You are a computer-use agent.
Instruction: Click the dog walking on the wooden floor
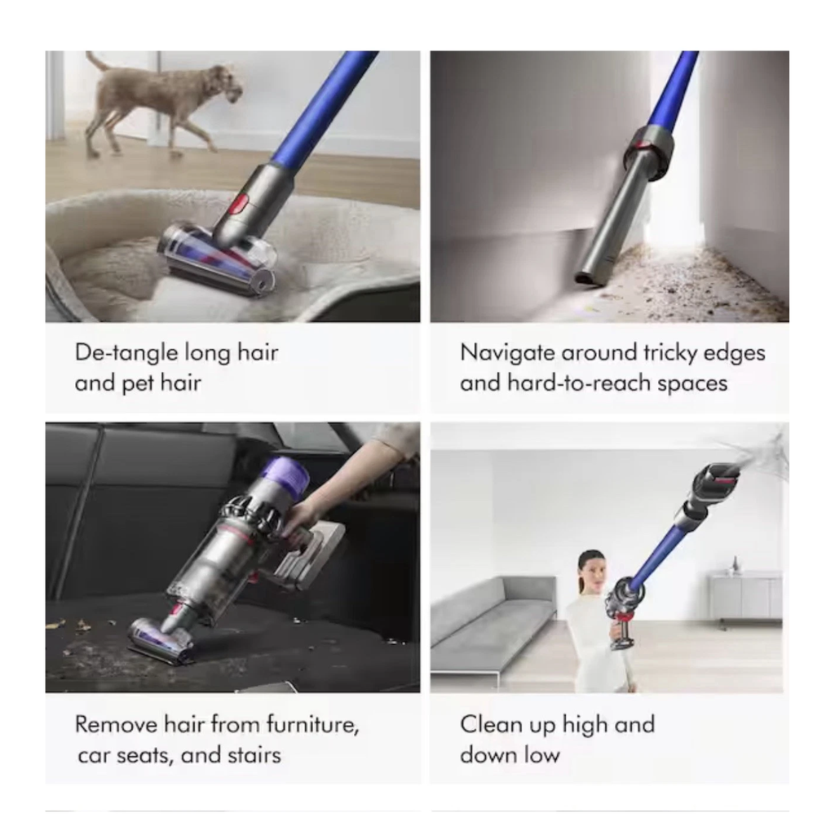coord(160,101)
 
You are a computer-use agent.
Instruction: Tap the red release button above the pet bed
coord(241,204)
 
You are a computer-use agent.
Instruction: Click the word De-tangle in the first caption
coord(126,353)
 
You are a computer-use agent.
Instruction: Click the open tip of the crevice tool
coord(585,279)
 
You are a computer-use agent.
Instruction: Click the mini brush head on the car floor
coord(160,641)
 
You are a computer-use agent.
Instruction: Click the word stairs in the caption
coord(254,756)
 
